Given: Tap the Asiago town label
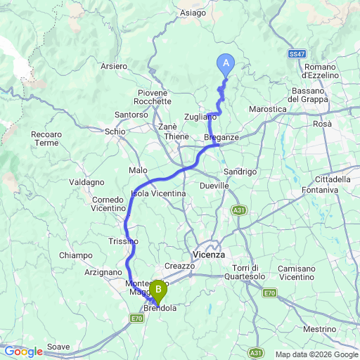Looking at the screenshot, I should tap(193, 13).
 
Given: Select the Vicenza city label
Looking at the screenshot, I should tap(208, 255).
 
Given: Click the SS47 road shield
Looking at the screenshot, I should tap(296, 54).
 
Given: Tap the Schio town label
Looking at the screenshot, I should tap(115, 131).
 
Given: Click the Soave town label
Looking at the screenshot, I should tap(58, 347).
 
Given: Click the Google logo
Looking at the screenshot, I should tap(23, 351).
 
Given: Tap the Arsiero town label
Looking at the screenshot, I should tap(114, 66).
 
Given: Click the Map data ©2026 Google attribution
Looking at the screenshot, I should tap(316, 354).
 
